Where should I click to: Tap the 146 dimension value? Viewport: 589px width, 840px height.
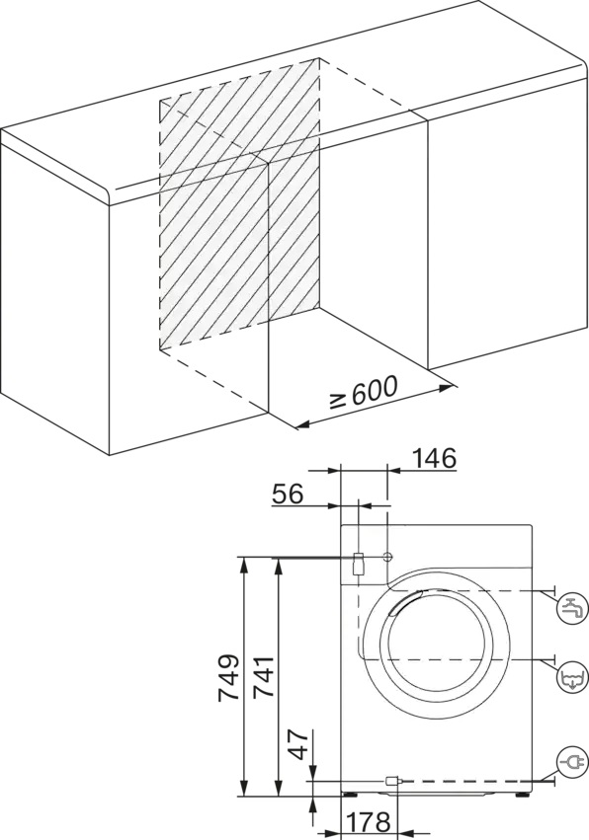coord(435,459)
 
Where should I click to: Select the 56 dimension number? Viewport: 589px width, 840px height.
coord(288,494)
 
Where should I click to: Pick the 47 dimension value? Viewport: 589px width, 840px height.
coord(300,743)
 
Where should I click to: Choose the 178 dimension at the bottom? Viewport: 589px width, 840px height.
coord(369,822)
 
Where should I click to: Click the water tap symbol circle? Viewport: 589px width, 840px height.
coord(573,609)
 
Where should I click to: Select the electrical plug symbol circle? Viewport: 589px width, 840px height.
coord(573,761)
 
